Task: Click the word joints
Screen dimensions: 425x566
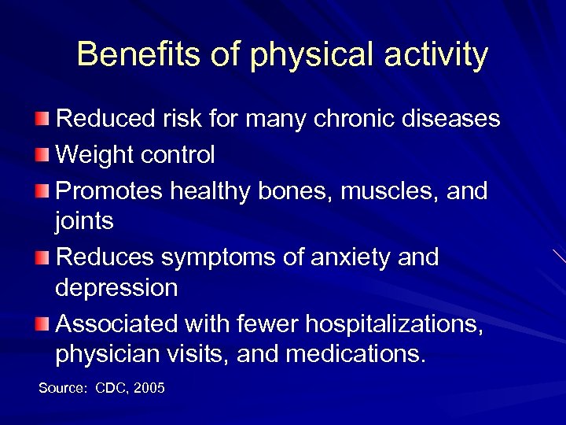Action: [84, 223]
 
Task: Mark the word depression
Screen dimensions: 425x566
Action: [116, 288]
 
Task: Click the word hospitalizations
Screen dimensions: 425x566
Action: [394, 323]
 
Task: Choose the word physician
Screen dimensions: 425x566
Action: [112, 354]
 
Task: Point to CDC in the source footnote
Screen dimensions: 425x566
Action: [110, 389]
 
